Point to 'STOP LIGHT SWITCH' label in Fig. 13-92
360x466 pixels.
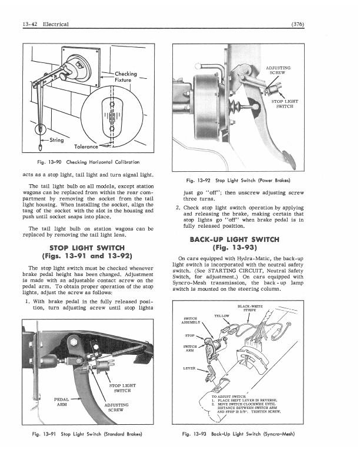pos(285,104)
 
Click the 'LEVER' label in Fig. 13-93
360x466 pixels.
pos(190,369)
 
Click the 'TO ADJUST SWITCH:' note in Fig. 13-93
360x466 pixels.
pos(229,398)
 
